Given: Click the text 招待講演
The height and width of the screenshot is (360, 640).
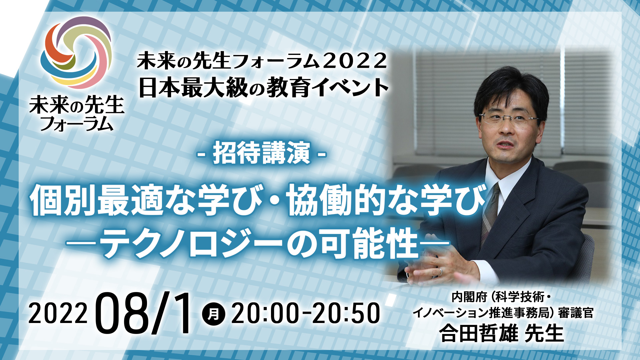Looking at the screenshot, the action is point(262,153).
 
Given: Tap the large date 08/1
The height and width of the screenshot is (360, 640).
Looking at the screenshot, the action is point(145,313).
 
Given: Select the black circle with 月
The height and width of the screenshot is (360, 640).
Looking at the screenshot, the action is point(214,314).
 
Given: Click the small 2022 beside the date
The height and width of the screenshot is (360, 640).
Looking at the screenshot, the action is point(58,314).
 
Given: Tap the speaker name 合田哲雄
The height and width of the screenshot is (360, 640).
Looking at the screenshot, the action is point(479,334).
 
